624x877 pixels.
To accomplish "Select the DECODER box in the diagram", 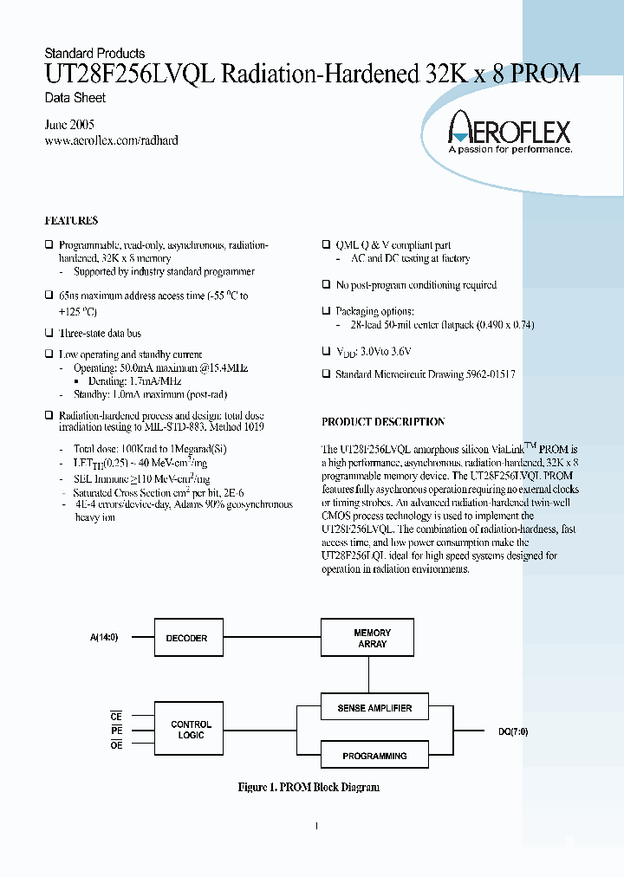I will click(186, 638).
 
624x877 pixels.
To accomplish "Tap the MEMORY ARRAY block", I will click(372, 638).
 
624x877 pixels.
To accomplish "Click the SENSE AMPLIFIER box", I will click(374, 708).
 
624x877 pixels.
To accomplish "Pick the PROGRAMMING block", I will click(374, 756).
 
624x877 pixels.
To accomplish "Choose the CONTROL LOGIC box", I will click(191, 730).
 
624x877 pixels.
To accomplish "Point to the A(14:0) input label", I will click(104, 637).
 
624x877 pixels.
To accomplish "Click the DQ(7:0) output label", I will click(513, 731).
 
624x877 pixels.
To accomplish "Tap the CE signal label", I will click(116, 717).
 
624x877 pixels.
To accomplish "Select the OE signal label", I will click(116, 745).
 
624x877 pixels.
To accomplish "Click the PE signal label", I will click(116, 731).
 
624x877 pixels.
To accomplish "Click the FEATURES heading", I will click(71, 221).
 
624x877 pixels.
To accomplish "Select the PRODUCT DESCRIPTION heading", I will click(383, 422).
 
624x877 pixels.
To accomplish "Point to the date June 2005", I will click(69, 125).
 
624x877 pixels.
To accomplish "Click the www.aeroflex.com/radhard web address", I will click(111, 140).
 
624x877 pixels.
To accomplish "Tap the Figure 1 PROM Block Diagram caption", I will click(309, 787).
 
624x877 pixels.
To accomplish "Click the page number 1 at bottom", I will click(315, 826).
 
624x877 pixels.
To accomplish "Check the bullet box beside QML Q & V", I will click(326, 245).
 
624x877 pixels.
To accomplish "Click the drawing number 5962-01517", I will click(485, 374).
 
